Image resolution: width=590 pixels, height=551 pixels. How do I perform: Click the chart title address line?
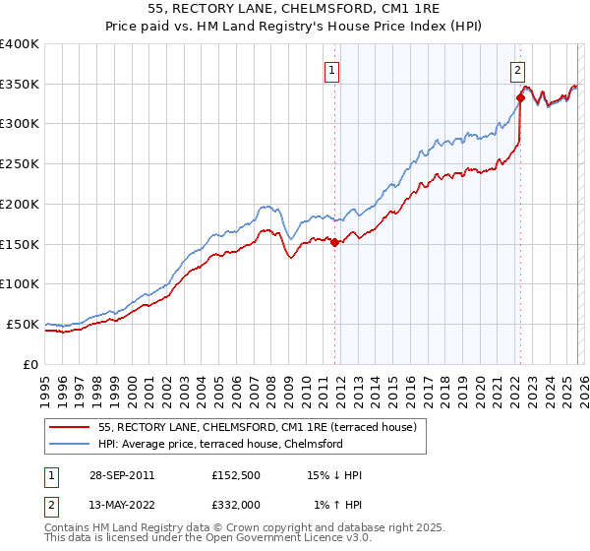(x=294, y=11)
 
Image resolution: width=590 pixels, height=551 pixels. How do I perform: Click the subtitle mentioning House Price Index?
(x=294, y=28)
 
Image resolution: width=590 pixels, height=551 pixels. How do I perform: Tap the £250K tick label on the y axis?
(x=20, y=164)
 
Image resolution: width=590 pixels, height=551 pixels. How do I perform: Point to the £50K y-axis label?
(x=23, y=324)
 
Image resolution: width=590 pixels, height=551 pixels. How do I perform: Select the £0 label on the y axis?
(x=30, y=364)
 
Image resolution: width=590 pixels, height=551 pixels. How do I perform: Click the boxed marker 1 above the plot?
(x=333, y=70)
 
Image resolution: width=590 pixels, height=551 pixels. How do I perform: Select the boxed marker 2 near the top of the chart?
(x=517, y=70)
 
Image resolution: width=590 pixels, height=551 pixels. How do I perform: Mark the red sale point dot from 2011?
(x=334, y=242)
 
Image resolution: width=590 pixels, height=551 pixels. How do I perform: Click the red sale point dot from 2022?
(x=519, y=97)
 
